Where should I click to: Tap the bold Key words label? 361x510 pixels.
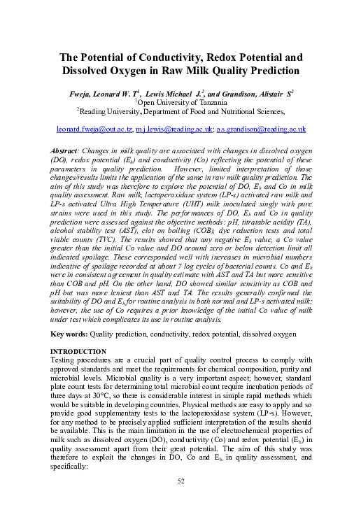(x=69, y=334)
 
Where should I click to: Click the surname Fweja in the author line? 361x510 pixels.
(x=82, y=92)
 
